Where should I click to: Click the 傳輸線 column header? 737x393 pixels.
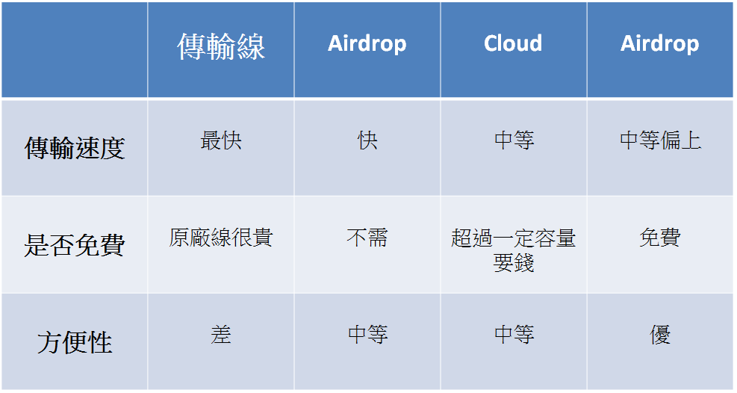tap(221, 46)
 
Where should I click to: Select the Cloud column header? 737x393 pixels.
tap(513, 43)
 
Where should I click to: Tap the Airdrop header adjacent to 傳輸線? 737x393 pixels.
tap(367, 44)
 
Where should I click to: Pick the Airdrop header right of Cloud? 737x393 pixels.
tap(660, 44)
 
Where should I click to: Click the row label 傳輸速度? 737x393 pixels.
tap(74, 148)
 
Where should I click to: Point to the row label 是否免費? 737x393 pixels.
tap(74, 245)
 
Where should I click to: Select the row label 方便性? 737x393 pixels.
tap(74, 341)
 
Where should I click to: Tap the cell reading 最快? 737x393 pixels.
tap(221, 140)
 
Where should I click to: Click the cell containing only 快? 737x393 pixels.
tap(367, 140)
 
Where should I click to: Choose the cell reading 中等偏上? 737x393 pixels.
tap(660, 140)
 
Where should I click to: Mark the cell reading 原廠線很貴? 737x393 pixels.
tap(221, 238)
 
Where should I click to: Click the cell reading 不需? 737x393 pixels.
tap(367, 238)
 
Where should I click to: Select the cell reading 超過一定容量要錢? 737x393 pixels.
tap(513, 250)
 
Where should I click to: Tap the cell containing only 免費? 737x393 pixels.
tap(660, 238)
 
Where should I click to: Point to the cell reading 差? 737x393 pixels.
tap(221, 335)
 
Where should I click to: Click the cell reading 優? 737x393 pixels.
tap(660, 335)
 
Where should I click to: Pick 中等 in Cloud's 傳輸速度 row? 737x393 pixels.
tap(514, 140)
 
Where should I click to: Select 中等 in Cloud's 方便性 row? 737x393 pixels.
tap(514, 335)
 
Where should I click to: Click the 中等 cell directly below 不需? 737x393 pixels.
tap(367, 335)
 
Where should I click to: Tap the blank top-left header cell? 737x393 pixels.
tap(74, 50)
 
